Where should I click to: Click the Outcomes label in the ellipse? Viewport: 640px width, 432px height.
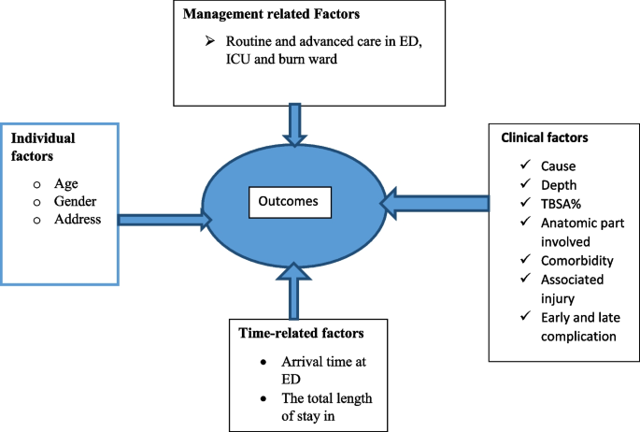click(x=288, y=201)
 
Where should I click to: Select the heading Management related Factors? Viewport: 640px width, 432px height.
click(x=271, y=14)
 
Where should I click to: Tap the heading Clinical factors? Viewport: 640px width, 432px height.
click(x=545, y=137)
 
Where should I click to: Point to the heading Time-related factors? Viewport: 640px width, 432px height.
click(x=301, y=333)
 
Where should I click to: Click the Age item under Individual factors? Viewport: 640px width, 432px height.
click(x=66, y=184)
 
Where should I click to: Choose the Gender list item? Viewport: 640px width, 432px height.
click(x=75, y=201)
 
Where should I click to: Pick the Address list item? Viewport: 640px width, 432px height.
click(x=78, y=219)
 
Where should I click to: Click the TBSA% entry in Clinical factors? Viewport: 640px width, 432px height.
click(x=561, y=204)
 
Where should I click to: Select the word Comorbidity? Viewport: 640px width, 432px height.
click(x=577, y=261)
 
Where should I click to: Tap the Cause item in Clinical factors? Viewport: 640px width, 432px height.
click(x=559, y=166)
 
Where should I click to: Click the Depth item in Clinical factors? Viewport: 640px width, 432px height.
click(x=559, y=185)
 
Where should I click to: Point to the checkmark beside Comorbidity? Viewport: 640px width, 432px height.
click(x=526, y=259)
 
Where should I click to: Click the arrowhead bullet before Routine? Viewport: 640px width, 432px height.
click(x=210, y=41)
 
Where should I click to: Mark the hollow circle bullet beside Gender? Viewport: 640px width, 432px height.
click(x=37, y=203)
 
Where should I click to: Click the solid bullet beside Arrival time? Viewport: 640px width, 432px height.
click(x=263, y=362)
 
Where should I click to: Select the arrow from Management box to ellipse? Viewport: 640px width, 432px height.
click(x=294, y=124)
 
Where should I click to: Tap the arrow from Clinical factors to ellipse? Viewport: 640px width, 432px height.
click(x=434, y=203)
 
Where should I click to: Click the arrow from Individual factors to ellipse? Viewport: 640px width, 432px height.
click(x=164, y=220)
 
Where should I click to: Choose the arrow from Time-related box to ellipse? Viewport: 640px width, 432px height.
click(x=294, y=291)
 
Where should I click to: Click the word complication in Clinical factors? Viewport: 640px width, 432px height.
click(x=578, y=337)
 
